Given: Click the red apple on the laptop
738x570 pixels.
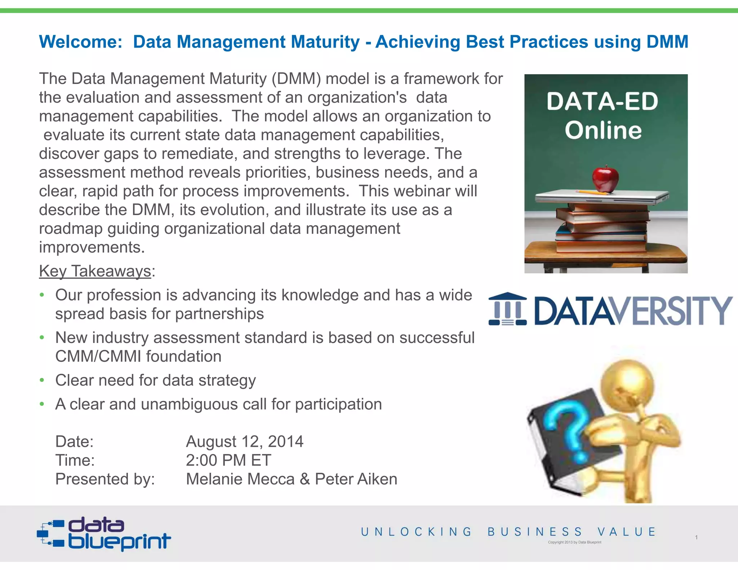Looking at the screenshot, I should coord(605,179).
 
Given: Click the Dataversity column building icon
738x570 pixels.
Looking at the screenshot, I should coord(507,309).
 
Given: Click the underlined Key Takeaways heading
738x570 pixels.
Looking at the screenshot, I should coord(95,271).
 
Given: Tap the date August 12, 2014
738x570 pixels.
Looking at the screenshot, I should coord(245,441).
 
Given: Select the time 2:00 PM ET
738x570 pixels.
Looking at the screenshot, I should coord(228,460).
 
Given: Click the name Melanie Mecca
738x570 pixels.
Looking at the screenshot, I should coord(240,479).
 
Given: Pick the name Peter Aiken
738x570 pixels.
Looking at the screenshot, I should coord(356,479).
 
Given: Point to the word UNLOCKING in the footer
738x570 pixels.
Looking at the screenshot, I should coord(417,532).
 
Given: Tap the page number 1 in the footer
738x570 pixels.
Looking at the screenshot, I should coord(696,537).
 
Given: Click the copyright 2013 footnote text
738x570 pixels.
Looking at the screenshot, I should coord(574,542).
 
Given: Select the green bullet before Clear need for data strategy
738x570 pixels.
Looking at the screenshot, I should coord(42,380).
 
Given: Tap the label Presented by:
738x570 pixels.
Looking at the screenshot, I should coord(105,479).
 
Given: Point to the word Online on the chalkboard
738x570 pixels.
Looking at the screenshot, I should coord(603,130).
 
